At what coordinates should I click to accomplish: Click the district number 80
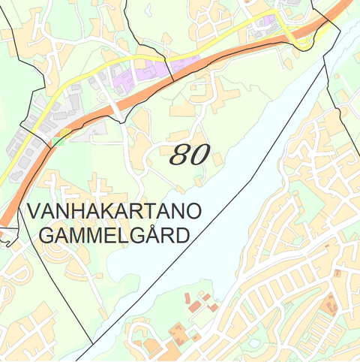point(188,155)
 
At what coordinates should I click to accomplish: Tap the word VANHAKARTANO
point(113,211)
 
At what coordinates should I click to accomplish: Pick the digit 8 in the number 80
point(180,155)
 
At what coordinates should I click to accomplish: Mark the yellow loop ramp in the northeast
point(303,41)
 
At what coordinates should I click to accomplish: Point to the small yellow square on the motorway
point(65,133)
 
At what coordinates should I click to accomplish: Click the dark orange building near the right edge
point(330,304)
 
